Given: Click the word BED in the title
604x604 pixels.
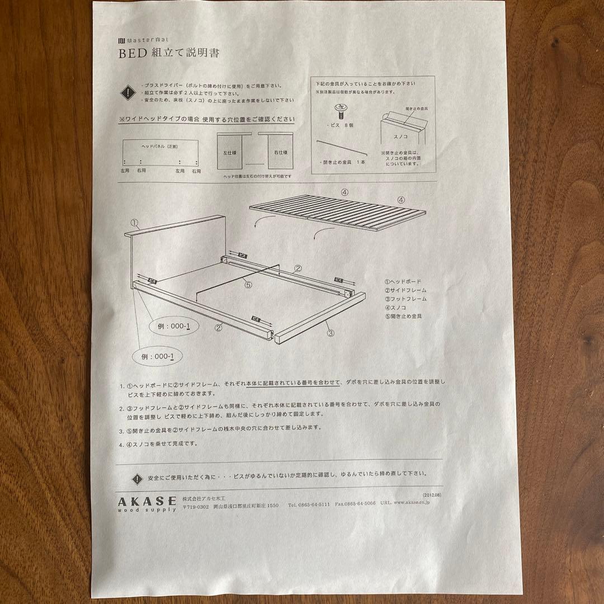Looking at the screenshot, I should pos(131,54).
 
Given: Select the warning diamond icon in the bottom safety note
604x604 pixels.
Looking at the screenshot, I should pos(137,479).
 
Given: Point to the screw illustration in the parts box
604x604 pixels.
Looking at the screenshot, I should pos(338,108).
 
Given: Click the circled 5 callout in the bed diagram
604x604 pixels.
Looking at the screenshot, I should pos(248,284).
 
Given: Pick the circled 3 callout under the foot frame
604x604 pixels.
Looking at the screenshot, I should pos(330,334).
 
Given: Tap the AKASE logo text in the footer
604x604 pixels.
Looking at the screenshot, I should pos(146,499).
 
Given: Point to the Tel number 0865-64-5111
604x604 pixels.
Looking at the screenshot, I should pos(309,504).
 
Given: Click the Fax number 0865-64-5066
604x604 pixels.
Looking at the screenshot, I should pos(356,503).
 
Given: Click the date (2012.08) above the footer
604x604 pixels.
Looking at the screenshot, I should pos(432,494).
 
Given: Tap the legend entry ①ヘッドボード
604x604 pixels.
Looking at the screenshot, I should pos(403,282).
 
